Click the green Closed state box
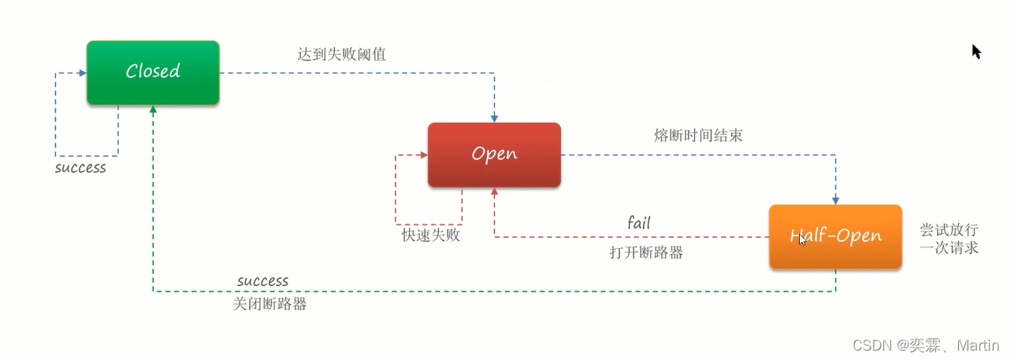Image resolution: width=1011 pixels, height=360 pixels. pos(153,72)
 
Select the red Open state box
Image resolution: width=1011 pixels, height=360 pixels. pos(494,154)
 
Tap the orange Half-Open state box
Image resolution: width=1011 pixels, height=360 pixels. pos(835,236)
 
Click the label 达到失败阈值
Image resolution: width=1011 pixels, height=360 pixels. pos(341,54)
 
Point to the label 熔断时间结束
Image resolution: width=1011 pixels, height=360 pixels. pos(697,135)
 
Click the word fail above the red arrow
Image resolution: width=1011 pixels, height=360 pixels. pos(639,223)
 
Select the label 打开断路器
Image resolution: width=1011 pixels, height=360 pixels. pos(646,253)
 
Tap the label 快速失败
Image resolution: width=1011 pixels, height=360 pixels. pos(431,235)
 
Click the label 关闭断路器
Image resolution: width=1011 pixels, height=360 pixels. pos(269,303)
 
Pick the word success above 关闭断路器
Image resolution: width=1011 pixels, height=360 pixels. pos(262,281)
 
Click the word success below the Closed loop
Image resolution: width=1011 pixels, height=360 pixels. pos(80,168)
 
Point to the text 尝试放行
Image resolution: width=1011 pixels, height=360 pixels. pos(949,230)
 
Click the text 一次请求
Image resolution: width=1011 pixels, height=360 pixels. pos(949,247)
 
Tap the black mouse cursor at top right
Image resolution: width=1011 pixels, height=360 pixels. pos(976,52)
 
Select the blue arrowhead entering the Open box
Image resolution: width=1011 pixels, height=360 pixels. pos(494,117)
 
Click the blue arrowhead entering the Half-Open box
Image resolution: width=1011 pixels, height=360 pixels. pos(835,200)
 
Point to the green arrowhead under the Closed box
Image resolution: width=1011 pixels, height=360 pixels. pos(153,110)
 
